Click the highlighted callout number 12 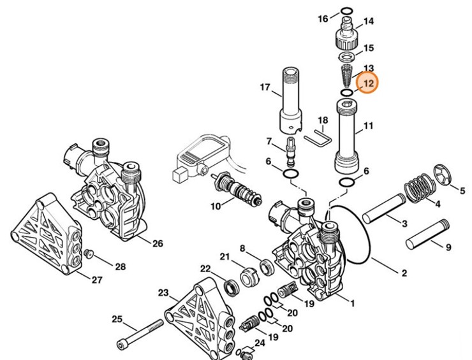click(367, 83)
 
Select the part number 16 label click(323, 18)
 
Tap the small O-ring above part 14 click(346, 11)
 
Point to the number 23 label click(163, 292)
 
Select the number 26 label click(157, 243)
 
